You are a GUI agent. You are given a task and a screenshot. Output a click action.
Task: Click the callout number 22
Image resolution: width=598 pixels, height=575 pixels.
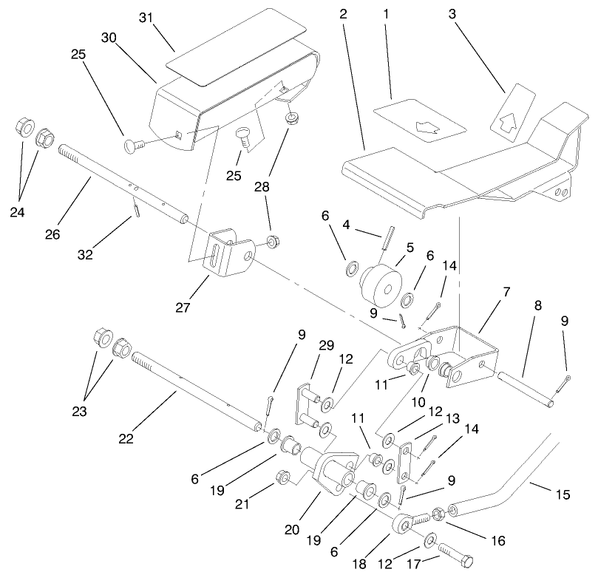(125, 438)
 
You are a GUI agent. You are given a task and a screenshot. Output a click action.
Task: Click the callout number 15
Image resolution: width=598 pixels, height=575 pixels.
(563, 494)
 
